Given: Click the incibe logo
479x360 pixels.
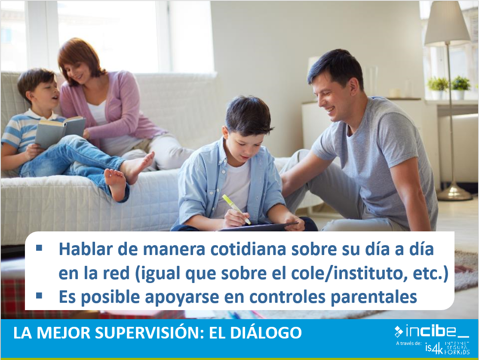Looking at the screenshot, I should (432, 331).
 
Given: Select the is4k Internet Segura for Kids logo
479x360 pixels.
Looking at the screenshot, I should (447, 348).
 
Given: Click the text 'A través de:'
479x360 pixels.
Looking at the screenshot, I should (409, 343).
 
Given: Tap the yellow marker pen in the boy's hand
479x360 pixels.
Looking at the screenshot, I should (236, 209).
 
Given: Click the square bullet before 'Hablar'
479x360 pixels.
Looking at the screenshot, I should (39, 248).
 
